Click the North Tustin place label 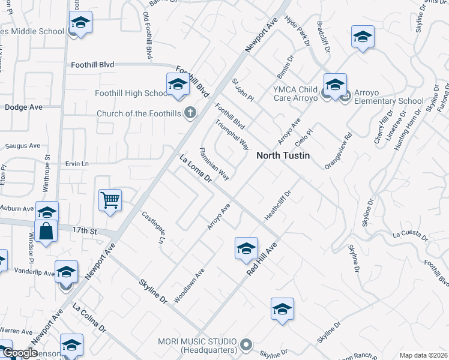[x=284, y=155]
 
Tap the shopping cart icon [x=110, y=200]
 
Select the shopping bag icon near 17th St [x=46, y=231]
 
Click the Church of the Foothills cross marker [x=190, y=112]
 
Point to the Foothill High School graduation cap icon [x=178, y=85]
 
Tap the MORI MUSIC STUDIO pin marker [x=245, y=344]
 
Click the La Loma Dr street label [x=196, y=169]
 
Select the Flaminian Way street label [x=214, y=164]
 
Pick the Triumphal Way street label [x=232, y=134]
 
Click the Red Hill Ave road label [x=262, y=259]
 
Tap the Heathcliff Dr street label [x=277, y=206]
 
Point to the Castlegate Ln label [x=152, y=227]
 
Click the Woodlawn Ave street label [x=189, y=284]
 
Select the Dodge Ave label [x=23, y=107]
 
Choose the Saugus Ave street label [x=22, y=146]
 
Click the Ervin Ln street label [x=77, y=164]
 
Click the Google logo [x=19, y=353]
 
